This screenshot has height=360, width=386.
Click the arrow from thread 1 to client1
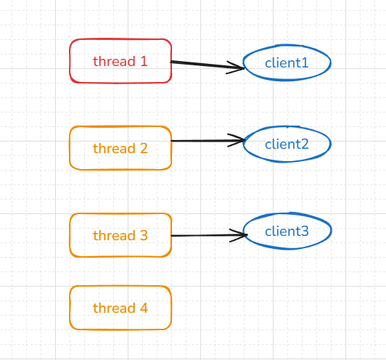click(x=208, y=65)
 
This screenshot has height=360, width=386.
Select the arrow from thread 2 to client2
click(x=208, y=141)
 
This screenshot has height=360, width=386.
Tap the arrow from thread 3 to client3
click(x=209, y=235)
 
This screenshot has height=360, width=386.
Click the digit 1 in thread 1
click(x=144, y=61)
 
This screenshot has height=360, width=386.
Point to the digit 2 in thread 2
click(x=144, y=148)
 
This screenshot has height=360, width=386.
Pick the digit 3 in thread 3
click(x=144, y=235)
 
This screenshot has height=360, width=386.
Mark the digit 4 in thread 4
click(x=144, y=308)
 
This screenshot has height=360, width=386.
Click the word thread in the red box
click(x=114, y=61)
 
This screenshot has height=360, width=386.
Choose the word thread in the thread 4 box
click(x=114, y=308)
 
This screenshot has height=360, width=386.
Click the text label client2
click(x=287, y=144)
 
